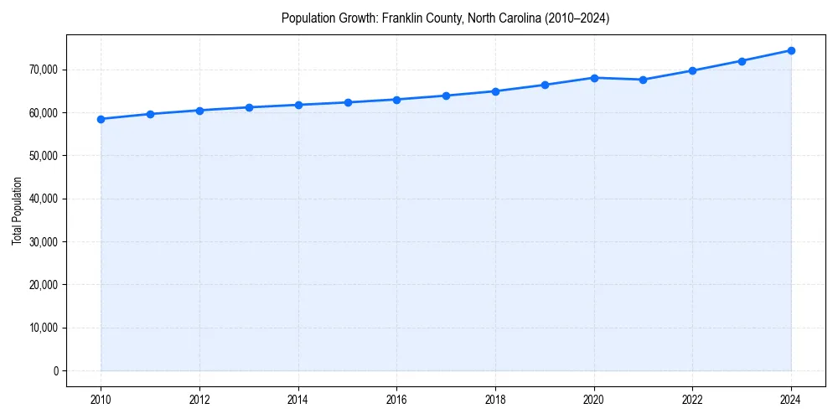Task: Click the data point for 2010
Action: pyautogui.click(x=101, y=119)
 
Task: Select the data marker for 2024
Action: pyautogui.click(x=791, y=50)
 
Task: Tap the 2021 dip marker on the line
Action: pyautogui.click(x=643, y=80)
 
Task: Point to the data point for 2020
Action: pyautogui.click(x=594, y=78)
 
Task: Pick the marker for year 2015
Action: pyautogui.click(x=348, y=102)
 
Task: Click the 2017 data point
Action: pyautogui.click(x=446, y=96)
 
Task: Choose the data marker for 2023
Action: pyautogui.click(x=742, y=61)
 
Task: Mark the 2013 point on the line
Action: pyautogui.click(x=249, y=107)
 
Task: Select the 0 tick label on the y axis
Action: pyautogui.click(x=56, y=371)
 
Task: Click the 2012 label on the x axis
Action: pyautogui.click(x=199, y=400)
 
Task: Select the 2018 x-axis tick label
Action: pyautogui.click(x=495, y=400)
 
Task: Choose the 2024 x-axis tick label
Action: pyautogui.click(x=791, y=400)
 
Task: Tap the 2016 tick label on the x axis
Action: pyautogui.click(x=396, y=400)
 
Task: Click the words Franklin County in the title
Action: pyautogui.click(x=414, y=18)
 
